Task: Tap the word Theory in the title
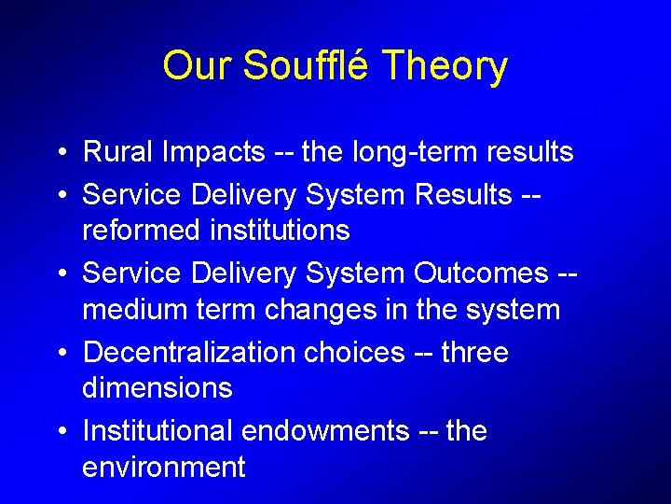click(445, 66)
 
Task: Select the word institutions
click(282, 230)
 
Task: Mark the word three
click(474, 353)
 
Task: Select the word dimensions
click(157, 387)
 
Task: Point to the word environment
click(163, 467)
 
